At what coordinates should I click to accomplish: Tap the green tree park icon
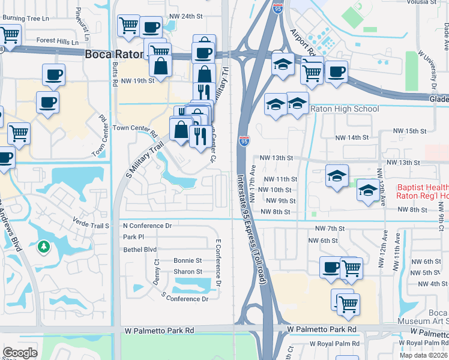pyautogui.click(x=43, y=246)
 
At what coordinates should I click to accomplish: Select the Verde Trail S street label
pyautogui.click(x=92, y=226)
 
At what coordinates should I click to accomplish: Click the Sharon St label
pyautogui.click(x=188, y=272)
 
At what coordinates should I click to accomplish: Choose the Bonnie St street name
pyautogui.click(x=187, y=261)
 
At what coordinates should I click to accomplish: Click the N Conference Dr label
pyautogui.click(x=147, y=226)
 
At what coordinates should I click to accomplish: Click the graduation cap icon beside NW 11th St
pyautogui.click(x=337, y=176)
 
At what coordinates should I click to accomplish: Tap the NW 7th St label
pyautogui.click(x=330, y=229)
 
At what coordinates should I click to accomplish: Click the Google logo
pyautogui.click(x=20, y=353)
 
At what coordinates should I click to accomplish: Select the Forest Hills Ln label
pyautogui.click(x=57, y=42)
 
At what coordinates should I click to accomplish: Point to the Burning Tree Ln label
pyautogui.click(x=25, y=18)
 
